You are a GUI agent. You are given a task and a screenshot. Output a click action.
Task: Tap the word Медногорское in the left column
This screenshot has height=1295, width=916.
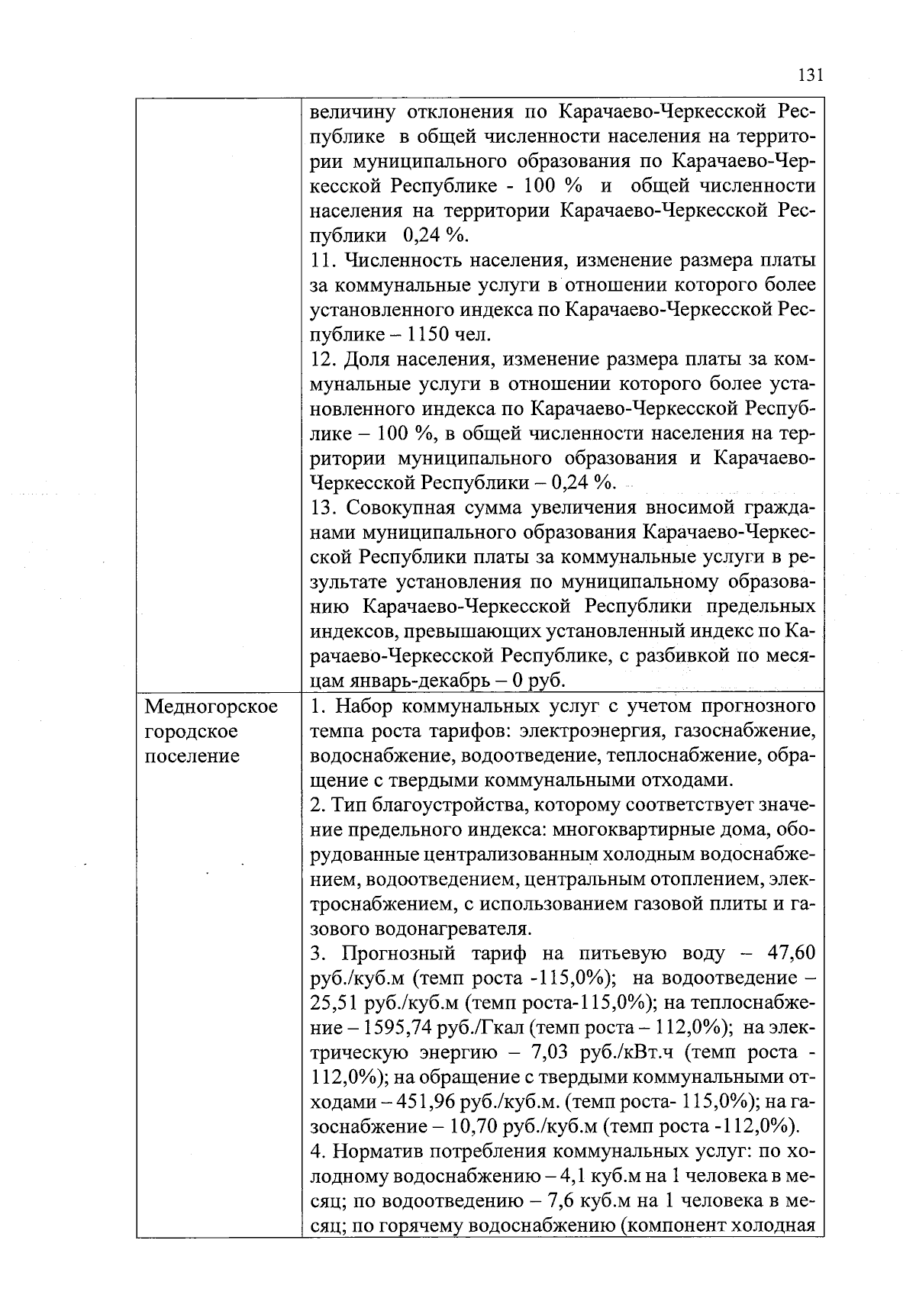tap(211, 707)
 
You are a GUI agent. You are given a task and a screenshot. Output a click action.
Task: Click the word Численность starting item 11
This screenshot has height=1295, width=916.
tap(403, 260)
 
